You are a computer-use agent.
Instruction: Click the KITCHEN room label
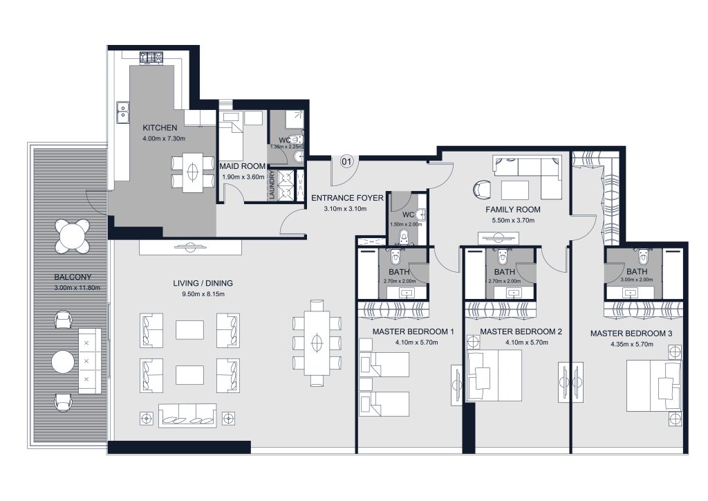[160, 128]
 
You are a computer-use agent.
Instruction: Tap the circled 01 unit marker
[347, 162]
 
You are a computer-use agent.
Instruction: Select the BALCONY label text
[73, 278]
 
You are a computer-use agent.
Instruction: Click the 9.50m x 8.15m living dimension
[203, 293]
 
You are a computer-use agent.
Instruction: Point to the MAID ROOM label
[243, 167]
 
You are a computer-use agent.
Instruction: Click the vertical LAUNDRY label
[272, 185]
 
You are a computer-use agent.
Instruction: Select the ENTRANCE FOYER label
[347, 198]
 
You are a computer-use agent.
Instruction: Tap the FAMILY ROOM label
[513, 209]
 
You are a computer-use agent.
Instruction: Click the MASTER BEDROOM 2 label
[521, 332]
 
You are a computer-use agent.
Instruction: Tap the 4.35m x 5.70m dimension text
[631, 344]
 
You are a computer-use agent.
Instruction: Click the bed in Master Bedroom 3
[653, 384]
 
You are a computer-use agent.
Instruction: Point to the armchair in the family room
[482, 188]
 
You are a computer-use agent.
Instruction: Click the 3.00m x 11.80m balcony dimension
[73, 289]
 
